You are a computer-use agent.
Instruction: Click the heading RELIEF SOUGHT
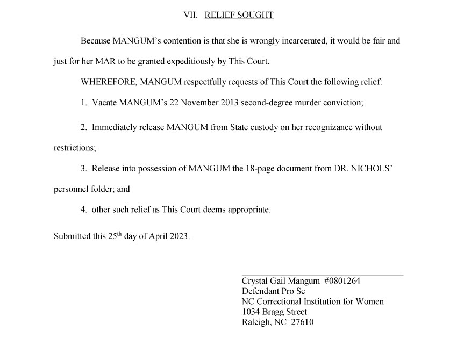coord(239,15)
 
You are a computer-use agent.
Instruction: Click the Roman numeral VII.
coord(191,15)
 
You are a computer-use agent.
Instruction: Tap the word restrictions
coord(75,148)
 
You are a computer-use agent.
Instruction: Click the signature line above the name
coord(322,275)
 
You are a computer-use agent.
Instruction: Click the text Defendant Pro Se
coord(273,291)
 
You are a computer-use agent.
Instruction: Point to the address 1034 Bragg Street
coord(274,312)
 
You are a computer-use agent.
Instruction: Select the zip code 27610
coord(302,322)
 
